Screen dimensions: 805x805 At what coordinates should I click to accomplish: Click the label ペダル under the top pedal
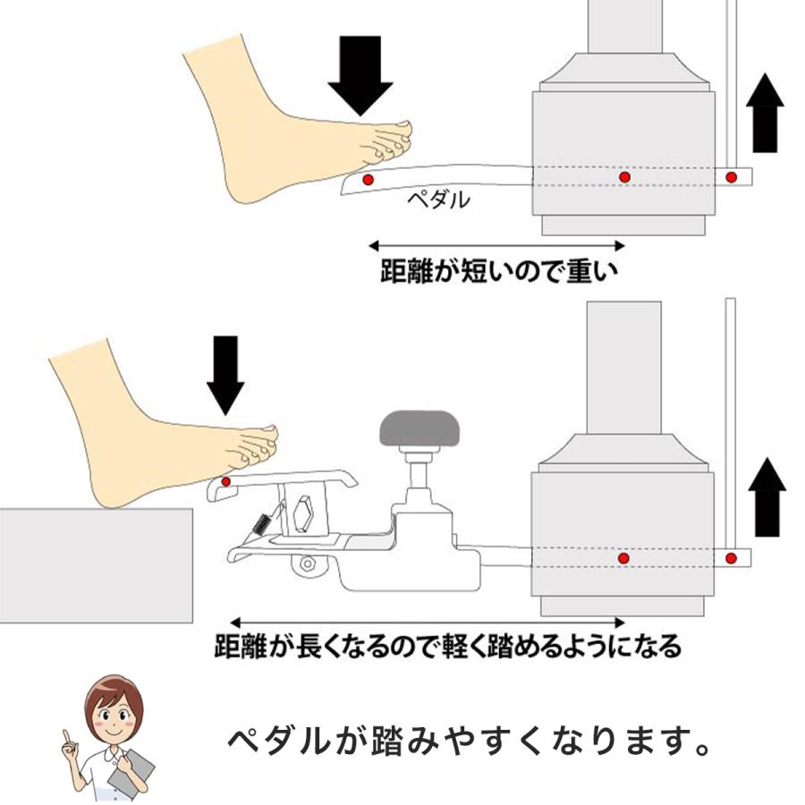pyautogui.click(x=438, y=200)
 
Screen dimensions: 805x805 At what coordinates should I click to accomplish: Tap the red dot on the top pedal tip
pyautogui.click(x=367, y=181)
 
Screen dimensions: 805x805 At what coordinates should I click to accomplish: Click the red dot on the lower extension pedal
pyautogui.click(x=225, y=483)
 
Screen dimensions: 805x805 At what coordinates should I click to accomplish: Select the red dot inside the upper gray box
pyautogui.click(x=624, y=178)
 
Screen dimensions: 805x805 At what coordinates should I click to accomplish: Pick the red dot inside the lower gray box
pyautogui.click(x=623, y=558)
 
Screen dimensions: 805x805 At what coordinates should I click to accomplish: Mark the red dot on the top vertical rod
pyautogui.click(x=732, y=176)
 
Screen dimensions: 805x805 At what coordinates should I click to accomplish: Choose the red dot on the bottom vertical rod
pyautogui.click(x=731, y=558)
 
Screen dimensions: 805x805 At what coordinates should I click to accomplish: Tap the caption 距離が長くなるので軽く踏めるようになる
pyautogui.click(x=447, y=646)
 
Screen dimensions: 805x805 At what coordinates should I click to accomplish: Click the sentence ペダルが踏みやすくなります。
pyautogui.click(x=469, y=740)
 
